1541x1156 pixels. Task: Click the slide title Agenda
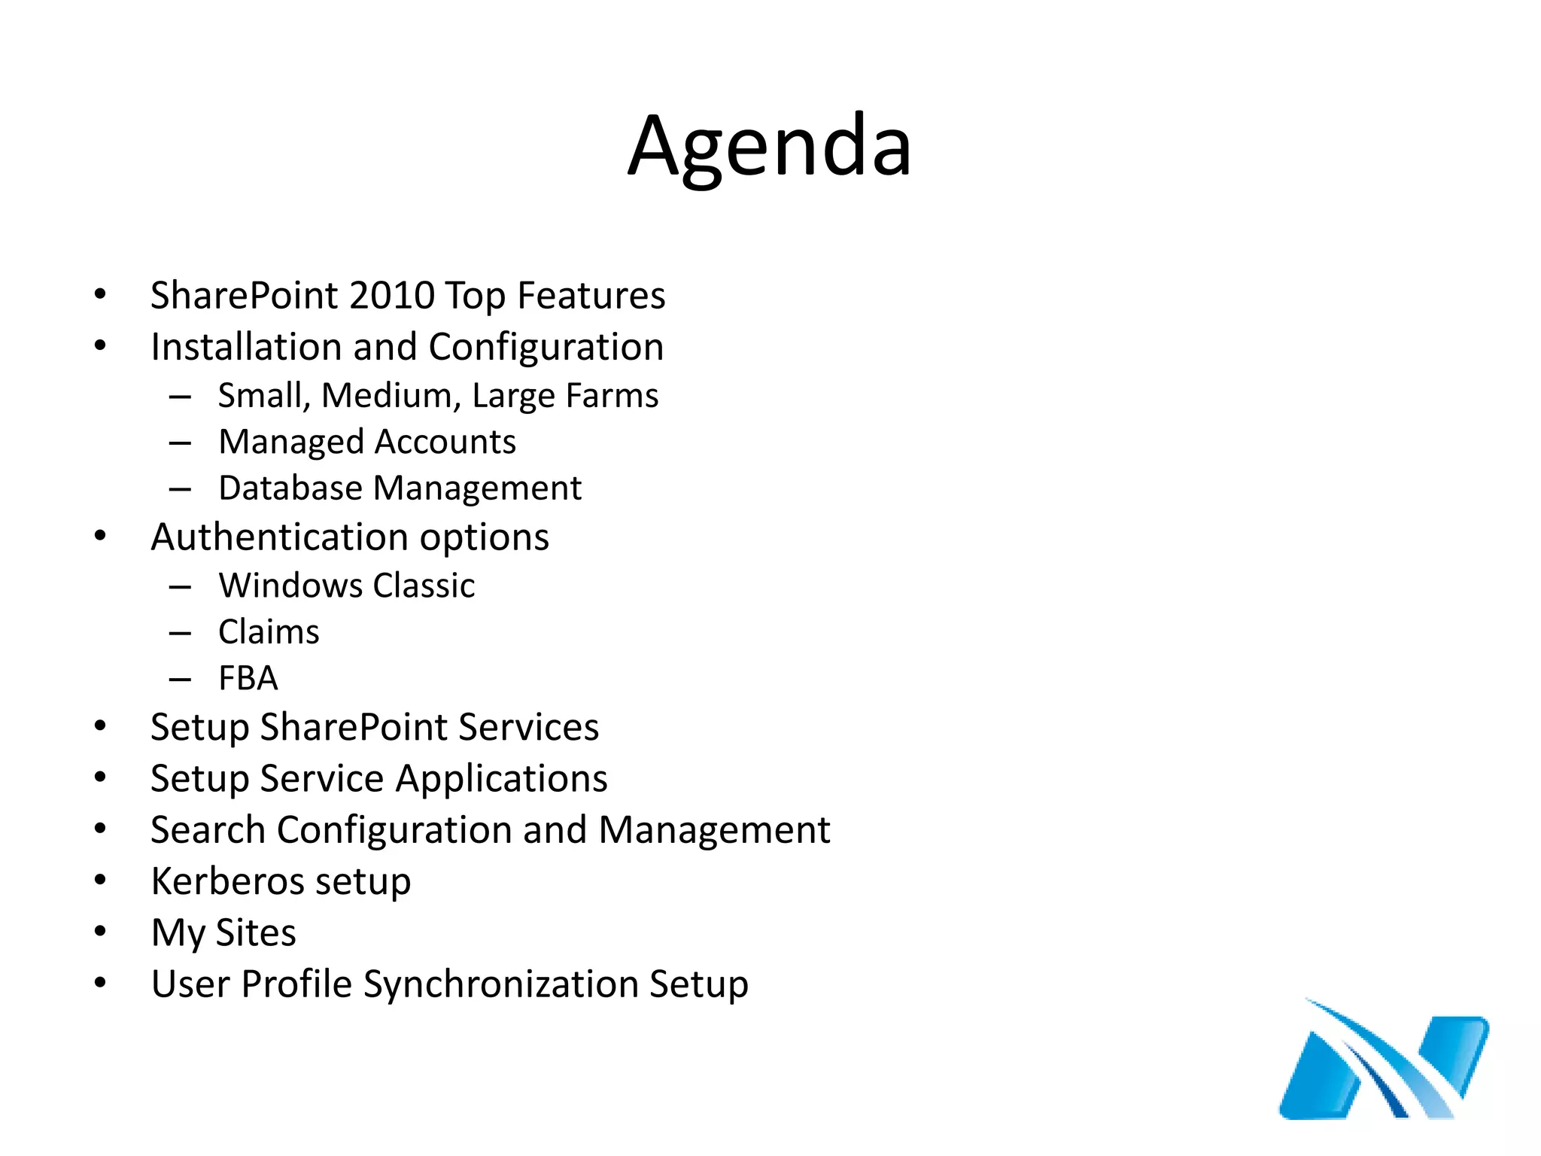769,147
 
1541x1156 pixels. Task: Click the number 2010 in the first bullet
392,295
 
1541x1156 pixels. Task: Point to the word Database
290,488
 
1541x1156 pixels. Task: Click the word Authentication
279,537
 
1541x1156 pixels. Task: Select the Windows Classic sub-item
346,586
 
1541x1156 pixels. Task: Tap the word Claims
269,632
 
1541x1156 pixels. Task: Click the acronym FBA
248,678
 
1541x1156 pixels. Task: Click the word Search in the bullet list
208,830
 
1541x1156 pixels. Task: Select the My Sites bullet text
223,933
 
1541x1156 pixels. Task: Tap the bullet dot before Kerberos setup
100,881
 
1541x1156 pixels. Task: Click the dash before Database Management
180,489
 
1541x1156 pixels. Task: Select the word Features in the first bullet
591,295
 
